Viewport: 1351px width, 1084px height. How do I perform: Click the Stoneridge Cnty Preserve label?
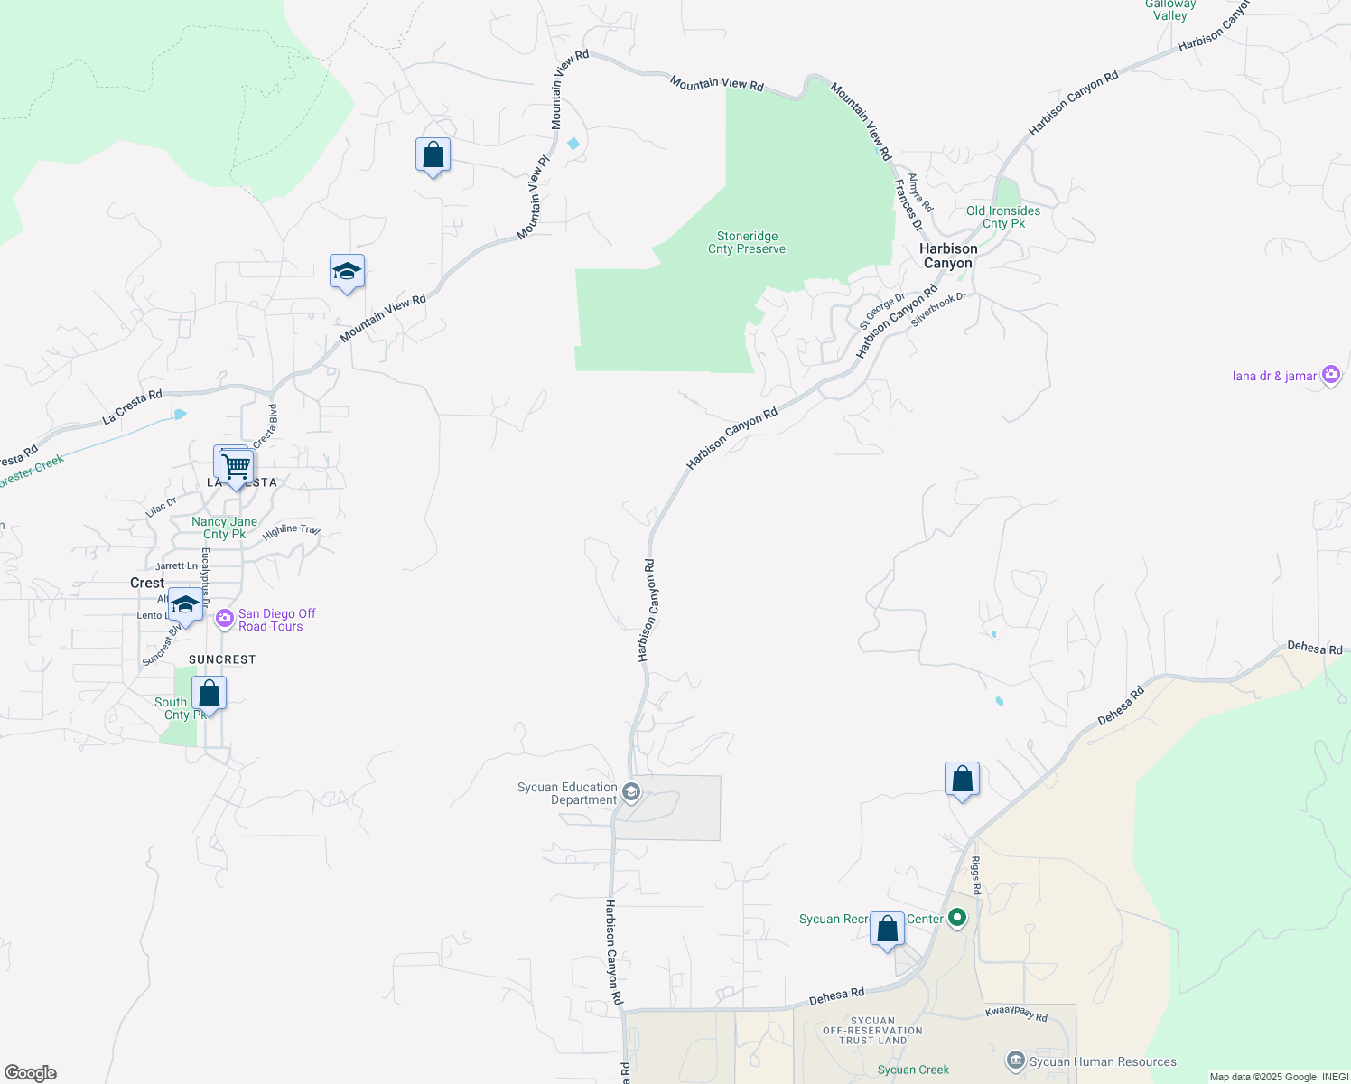[x=747, y=243]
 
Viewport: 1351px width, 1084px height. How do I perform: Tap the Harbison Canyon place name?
[x=948, y=256]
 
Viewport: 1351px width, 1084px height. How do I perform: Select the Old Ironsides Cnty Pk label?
[x=1003, y=217]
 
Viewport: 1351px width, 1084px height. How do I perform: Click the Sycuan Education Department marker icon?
[x=631, y=793]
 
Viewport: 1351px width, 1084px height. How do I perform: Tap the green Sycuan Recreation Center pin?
[x=957, y=919]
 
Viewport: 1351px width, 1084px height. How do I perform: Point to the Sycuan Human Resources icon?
[x=1016, y=1061]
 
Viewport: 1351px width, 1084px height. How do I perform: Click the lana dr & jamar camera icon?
[x=1330, y=374]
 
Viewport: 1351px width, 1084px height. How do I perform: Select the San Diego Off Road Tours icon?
[x=225, y=620]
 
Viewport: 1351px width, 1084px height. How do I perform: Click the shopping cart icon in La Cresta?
[x=237, y=467]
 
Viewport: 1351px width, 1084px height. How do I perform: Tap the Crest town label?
[x=147, y=583]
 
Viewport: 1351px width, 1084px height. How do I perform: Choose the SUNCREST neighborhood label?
[x=222, y=659]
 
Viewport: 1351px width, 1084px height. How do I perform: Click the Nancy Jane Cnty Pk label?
[x=224, y=528]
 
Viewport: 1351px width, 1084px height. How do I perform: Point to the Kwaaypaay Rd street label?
[x=1016, y=1014]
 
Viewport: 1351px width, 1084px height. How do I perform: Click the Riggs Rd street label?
[x=975, y=877]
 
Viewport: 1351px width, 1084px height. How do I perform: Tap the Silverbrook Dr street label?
[x=938, y=309]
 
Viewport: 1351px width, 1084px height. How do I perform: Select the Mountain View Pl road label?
[x=533, y=198]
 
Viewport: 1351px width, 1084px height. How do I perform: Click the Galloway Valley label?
[x=1170, y=10]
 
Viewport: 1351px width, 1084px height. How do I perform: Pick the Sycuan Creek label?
[x=913, y=1070]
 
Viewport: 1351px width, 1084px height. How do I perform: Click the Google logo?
[x=30, y=1072]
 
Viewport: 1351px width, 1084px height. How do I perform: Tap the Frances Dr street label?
[x=908, y=205]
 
